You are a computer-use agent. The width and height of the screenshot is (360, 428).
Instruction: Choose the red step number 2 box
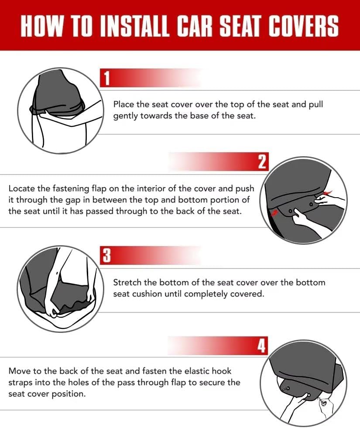click(262, 162)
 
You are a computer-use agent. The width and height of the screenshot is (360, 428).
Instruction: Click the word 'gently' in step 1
click(126, 116)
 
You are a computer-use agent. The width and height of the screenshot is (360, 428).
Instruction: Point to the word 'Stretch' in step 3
click(127, 282)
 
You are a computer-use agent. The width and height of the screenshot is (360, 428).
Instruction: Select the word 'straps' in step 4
click(21, 382)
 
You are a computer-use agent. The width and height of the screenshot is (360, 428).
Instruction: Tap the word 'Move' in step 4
click(19, 371)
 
